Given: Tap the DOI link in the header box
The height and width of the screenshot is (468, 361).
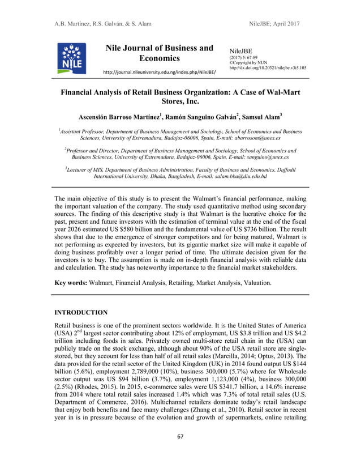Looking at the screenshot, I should pos(268,67).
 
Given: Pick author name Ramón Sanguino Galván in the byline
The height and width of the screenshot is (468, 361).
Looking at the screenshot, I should pos(191,117).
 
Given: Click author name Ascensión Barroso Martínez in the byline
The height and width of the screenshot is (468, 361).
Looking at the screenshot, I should pos(114,117).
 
